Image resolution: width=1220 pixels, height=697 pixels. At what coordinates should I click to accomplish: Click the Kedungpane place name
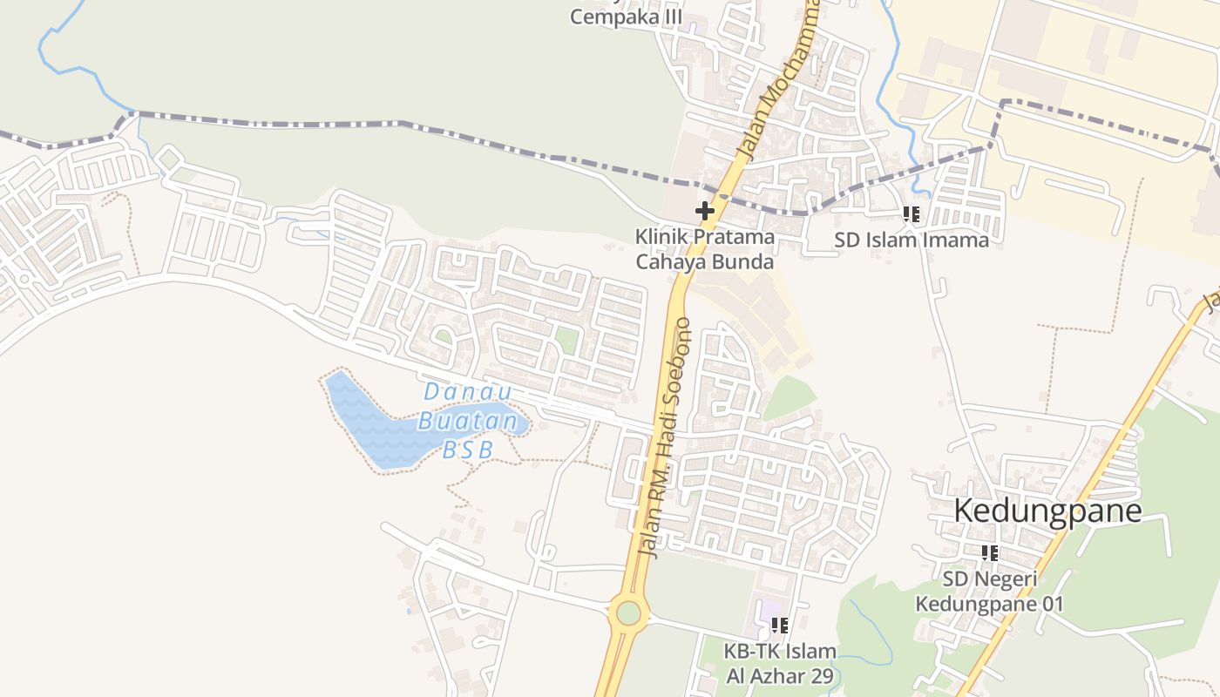click(x=1047, y=511)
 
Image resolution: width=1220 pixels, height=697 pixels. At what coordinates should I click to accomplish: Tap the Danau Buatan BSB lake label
click(x=468, y=421)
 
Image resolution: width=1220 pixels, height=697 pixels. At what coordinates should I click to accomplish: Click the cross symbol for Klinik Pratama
click(x=704, y=211)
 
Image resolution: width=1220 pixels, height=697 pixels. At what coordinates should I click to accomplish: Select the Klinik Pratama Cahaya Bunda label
click(x=704, y=248)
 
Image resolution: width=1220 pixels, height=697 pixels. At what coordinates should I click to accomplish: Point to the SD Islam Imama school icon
click(x=912, y=214)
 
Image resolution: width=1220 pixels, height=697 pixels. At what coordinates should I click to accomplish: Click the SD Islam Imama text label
click(x=912, y=240)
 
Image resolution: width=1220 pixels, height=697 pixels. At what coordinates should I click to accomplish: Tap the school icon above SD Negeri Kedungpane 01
click(x=989, y=553)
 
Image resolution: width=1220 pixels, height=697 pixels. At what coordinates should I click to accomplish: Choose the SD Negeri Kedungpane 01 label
click(x=989, y=591)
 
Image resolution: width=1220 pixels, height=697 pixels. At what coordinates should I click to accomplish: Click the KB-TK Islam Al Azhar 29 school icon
click(x=780, y=625)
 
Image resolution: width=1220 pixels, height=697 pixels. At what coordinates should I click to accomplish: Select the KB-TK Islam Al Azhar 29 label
click(x=780, y=663)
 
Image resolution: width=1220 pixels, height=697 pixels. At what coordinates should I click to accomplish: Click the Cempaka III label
click(x=626, y=17)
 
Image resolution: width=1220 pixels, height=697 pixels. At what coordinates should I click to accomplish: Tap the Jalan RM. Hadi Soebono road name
click(x=665, y=436)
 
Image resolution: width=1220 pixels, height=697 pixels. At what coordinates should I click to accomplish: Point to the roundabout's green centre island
click(x=628, y=613)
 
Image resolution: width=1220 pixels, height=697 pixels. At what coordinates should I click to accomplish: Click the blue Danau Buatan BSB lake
click(x=366, y=427)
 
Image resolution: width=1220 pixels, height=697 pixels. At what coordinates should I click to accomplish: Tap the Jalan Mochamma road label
click(x=778, y=83)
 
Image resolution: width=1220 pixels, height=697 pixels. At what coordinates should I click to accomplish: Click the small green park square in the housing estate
click(x=566, y=340)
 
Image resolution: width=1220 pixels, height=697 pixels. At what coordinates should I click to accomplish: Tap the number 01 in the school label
click(x=1050, y=604)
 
